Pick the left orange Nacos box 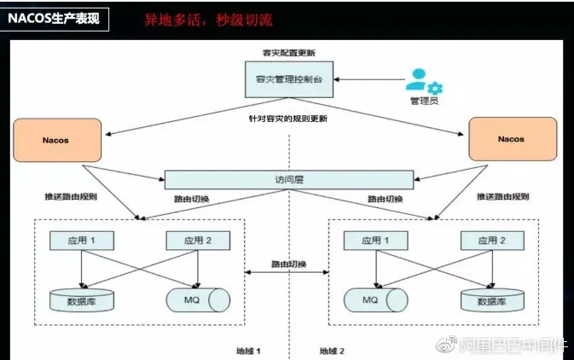[x=57, y=139]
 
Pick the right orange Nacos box [x=510, y=139]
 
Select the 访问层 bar [x=288, y=180]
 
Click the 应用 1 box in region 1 [x=82, y=241]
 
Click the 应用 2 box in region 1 [x=197, y=241]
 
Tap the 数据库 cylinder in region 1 [x=82, y=300]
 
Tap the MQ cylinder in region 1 [x=197, y=300]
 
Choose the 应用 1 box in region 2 [x=374, y=241]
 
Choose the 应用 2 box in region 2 [x=490, y=241]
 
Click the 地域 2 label [x=332, y=351]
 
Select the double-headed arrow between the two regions [x=287, y=273]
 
